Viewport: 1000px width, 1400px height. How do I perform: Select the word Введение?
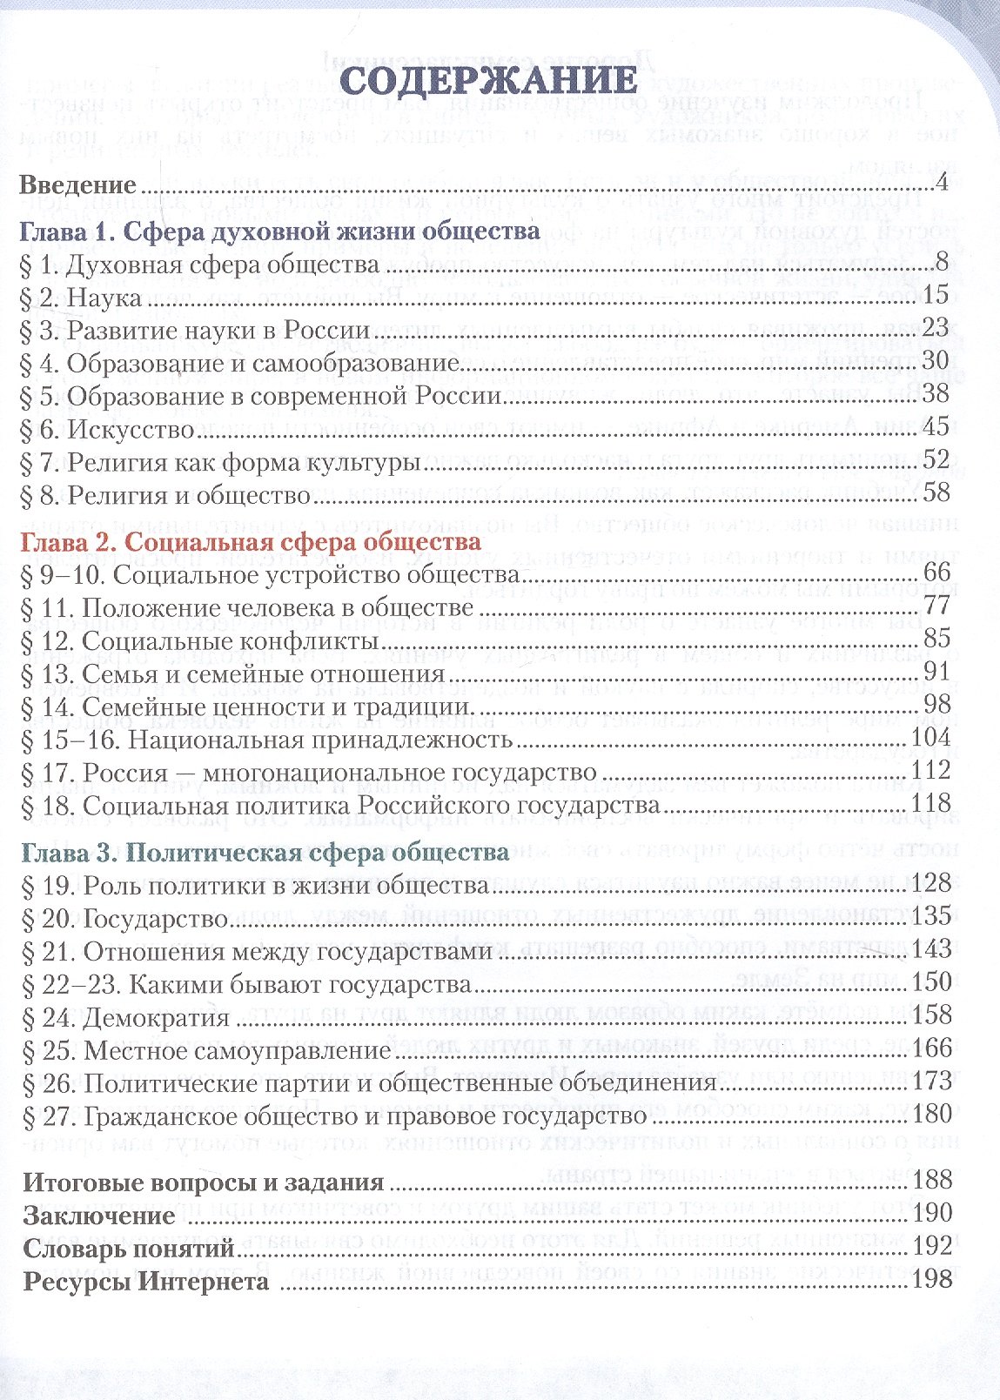(x=78, y=185)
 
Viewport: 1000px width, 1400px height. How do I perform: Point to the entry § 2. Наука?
(x=80, y=298)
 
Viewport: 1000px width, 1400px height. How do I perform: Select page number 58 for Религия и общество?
(x=934, y=493)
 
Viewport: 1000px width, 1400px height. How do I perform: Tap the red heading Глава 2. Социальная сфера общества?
(x=262, y=541)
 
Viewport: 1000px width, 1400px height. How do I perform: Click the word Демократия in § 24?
(x=157, y=1018)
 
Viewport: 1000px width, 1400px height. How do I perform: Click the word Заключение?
(x=99, y=1216)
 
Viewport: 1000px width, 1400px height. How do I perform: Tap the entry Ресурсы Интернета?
(x=145, y=1282)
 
